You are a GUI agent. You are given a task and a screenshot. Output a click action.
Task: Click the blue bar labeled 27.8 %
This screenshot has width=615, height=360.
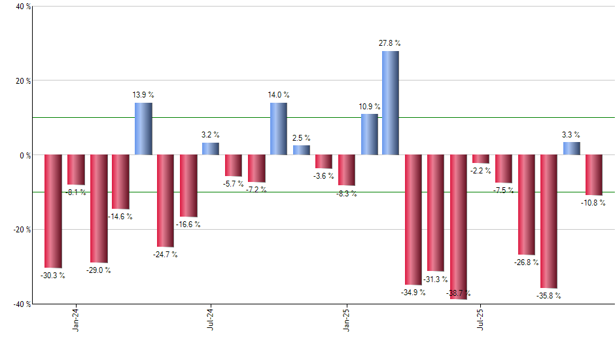(x=391, y=103)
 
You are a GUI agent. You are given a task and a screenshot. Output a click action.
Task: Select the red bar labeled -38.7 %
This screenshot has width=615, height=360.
(x=459, y=227)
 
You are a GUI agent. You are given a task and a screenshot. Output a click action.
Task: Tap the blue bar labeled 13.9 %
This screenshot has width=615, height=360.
(x=143, y=129)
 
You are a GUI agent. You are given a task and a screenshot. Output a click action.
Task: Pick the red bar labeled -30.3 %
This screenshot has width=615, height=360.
(x=53, y=211)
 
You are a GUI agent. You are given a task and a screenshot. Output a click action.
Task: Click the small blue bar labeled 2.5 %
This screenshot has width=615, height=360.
(x=301, y=151)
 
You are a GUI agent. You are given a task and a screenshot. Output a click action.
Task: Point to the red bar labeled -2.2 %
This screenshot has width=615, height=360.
(x=481, y=159)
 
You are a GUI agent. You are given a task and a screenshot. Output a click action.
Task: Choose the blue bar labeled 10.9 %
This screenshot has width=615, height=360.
(x=369, y=135)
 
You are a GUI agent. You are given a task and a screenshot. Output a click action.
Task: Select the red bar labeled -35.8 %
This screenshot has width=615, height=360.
(x=548, y=221)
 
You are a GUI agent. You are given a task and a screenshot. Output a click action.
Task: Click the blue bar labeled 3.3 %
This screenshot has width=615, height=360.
(x=571, y=149)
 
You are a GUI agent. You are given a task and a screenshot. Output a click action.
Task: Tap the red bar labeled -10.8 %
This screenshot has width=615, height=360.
(x=593, y=175)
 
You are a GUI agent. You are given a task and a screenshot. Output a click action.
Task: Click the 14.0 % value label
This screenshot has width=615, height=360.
(x=278, y=95)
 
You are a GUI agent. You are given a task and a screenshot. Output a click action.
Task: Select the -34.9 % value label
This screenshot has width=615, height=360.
(x=413, y=292)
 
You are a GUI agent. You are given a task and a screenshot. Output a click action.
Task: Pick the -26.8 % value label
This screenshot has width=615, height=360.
(x=527, y=262)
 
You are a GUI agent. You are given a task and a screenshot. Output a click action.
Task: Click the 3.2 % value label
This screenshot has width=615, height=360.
(x=211, y=135)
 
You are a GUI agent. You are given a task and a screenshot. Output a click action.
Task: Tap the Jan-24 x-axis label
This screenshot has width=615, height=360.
(x=76, y=319)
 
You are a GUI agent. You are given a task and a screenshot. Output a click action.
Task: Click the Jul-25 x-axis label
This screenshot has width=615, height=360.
(x=481, y=319)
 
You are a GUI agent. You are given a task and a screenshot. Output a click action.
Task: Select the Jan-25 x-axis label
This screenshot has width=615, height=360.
(x=346, y=319)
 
